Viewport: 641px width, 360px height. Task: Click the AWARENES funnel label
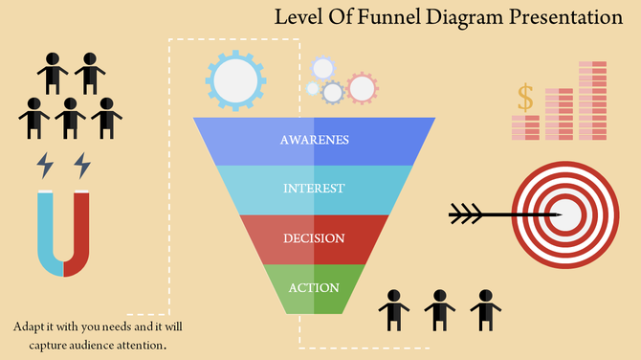pyautogui.click(x=314, y=140)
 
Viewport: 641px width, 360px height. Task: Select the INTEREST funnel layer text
pyautogui.click(x=314, y=189)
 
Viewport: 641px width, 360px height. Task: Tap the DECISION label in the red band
pyautogui.click(x=314, y=237)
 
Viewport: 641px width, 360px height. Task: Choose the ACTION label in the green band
pyautogui.click(x=314, y=287)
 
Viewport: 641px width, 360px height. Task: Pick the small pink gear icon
pyautogui.click(x=362, y=89)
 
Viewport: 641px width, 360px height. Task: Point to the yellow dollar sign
pyautogui.click(x=524, y=97)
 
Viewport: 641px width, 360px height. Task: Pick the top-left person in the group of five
pyautogui.click(x=54, y=72)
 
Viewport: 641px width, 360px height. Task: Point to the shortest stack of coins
pyautogui.click(x=525, y=127)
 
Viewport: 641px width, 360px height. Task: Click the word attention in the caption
pyautogui.click(x=142, y=344)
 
